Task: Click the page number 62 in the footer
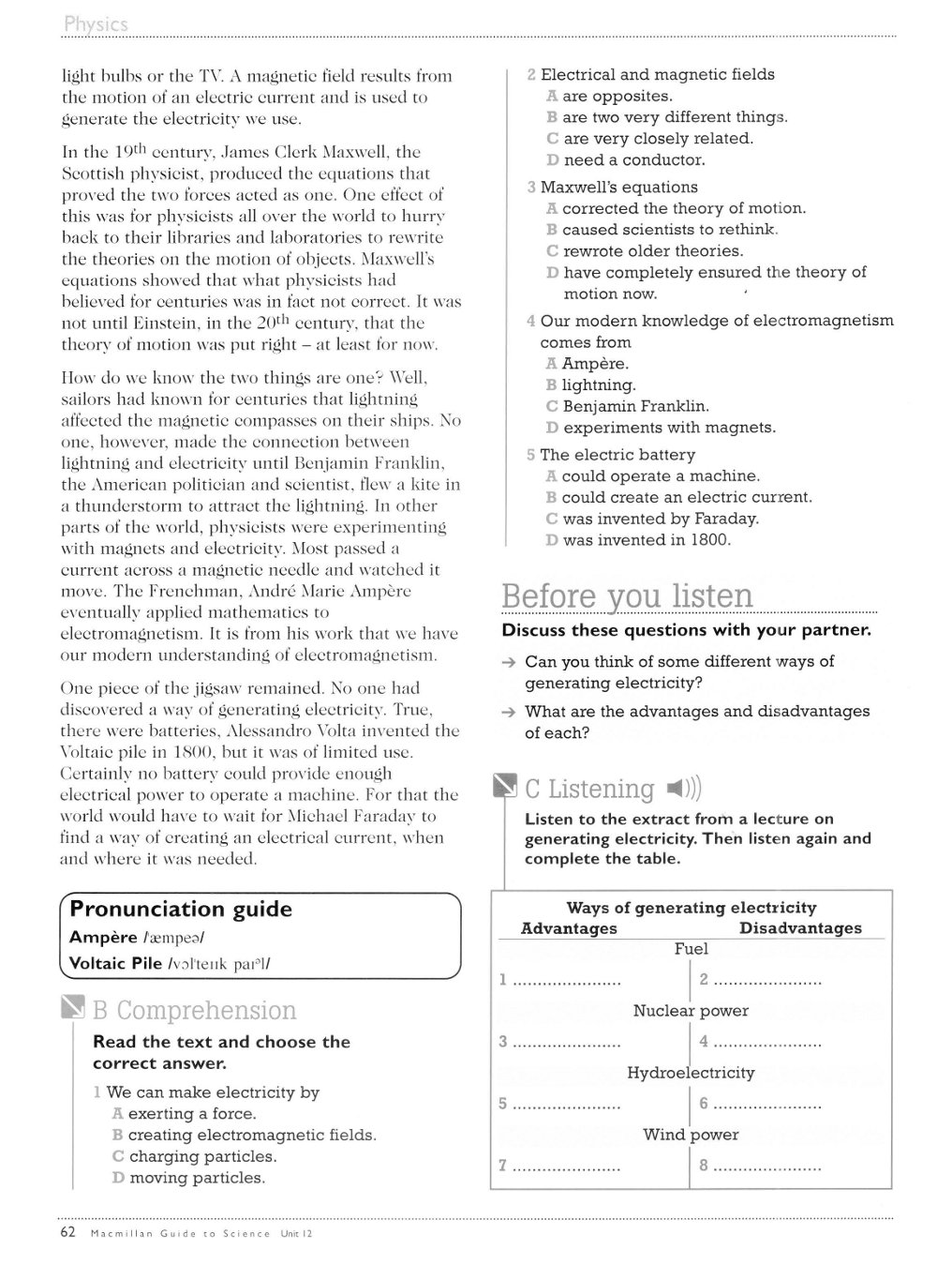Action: (x=67, y=1233)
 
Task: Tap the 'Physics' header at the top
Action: (x=96, y=24)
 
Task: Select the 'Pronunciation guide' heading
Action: (x=181, y=909)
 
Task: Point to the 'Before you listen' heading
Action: (x=627, y=596)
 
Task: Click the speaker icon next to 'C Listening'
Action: (x=682, y=788)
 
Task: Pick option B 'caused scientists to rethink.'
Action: (x=669, y=230)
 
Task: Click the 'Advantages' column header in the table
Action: (x=569, y=928)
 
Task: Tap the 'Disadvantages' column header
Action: (x=800, y=928)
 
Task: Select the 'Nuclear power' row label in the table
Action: (x=691, y=1011)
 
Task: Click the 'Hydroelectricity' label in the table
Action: (x=691, y=1073)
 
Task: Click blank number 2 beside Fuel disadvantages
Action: (x=761, y=980)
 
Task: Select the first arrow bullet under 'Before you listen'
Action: (x=508, y=662)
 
